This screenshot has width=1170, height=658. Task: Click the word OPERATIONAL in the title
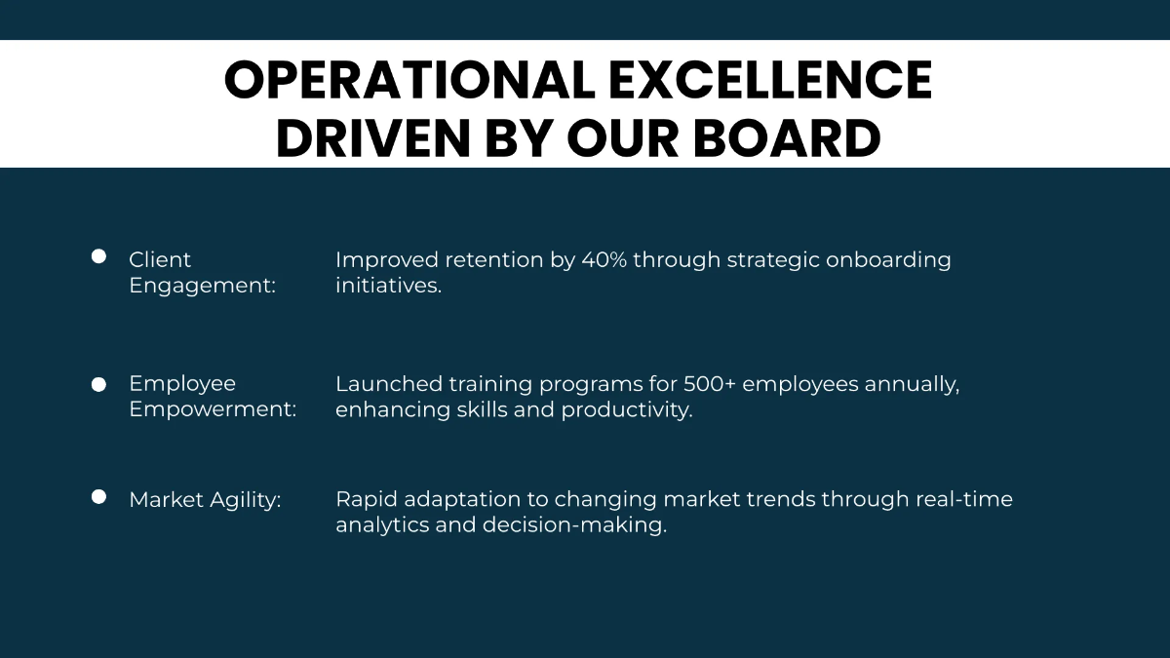coord(410,80)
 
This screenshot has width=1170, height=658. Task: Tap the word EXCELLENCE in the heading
coord(770,80)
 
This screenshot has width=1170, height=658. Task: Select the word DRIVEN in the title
coord(373,137)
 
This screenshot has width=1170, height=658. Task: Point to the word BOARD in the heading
coord(787,137)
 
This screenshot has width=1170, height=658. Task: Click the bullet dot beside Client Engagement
coord(98,256)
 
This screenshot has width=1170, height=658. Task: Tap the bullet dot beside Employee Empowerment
coord(98,384)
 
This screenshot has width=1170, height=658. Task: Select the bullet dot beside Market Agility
coord(98,496)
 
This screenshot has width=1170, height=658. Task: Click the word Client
coord(160,259)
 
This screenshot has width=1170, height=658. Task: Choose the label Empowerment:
coord(213,410)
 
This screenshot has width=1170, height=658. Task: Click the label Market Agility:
coord(205,500)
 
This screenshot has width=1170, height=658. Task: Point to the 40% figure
coord(604,259)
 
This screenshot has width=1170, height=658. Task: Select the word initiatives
coord(389,285)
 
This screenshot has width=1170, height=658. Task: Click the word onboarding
coord(888,260)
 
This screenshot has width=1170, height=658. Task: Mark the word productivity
coord(627,410)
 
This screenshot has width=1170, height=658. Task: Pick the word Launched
coord(389,384)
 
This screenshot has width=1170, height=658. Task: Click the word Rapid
coord(367,500)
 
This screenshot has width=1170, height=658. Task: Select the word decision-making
coord(574,525)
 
